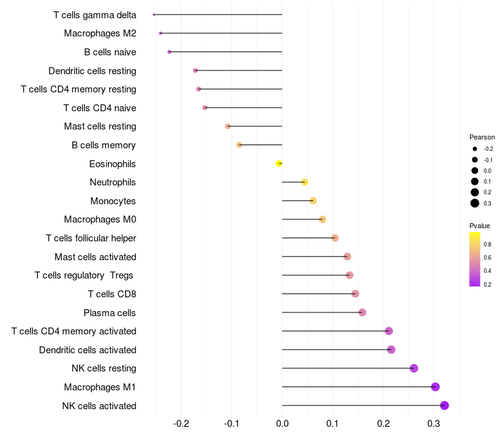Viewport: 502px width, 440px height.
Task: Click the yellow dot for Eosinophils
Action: (x=279, y=163)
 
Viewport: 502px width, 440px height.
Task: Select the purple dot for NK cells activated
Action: (x=444, y=405)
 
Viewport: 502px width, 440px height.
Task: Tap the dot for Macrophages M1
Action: (x=435, y=387)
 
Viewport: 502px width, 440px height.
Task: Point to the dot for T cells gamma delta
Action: (x=154, y=14)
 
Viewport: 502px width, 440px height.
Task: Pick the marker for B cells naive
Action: (x=169, y=52)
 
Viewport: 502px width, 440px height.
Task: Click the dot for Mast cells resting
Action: (x=228, y=126)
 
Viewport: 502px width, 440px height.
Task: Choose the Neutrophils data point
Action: (x=304, y=182)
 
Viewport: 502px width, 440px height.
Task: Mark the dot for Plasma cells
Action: (x=362, y=312)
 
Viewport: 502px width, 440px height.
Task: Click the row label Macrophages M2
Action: (x=100, y=33)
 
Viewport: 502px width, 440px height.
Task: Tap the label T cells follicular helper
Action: (x=91, y=238)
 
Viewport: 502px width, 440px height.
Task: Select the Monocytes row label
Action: (x=113, y=201)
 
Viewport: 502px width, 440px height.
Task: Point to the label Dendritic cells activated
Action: (x=87, y=350)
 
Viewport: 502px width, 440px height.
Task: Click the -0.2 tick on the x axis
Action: (x=181, y=424)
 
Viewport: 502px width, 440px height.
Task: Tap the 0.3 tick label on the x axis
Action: (x=434, y=424)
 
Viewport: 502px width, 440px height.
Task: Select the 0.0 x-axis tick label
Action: (x=282, y=424)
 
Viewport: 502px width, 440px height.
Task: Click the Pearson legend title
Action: (x=482, y=137)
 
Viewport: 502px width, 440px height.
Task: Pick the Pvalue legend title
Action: (x=479, y=226)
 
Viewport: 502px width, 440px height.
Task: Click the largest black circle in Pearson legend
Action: (x=475, y=203)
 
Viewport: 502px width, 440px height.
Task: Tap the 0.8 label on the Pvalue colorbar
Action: (x=488, y=245)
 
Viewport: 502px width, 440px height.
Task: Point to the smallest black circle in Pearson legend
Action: (x=475, y=149)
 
